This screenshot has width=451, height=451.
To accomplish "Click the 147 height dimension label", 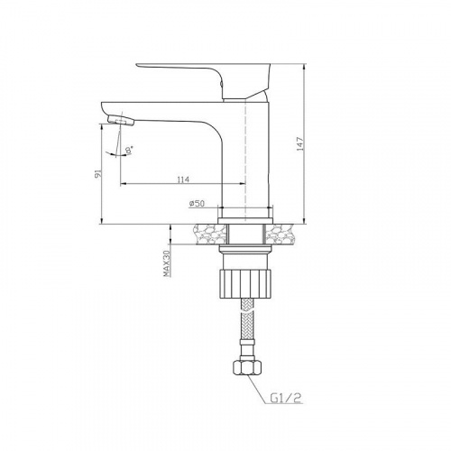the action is (300, 144).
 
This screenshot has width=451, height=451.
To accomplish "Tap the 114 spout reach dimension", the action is (183, 179).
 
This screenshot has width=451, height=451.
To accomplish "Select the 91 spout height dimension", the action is (97, 174).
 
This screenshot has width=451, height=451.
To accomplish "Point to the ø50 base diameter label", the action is (197, 204).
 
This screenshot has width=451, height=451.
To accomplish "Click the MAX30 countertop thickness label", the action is (167, 263).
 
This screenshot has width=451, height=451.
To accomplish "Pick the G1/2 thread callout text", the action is (286, 399).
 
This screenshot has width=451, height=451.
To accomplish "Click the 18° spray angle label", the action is (129, 150).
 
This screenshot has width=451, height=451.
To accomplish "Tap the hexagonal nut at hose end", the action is (247, 366).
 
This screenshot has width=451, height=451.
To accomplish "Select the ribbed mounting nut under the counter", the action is (246, 284).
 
